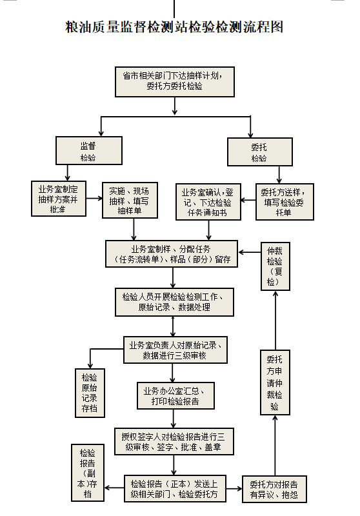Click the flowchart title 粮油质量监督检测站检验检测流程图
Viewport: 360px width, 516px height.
coord(174,27)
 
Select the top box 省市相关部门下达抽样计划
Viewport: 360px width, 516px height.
coord(175,82)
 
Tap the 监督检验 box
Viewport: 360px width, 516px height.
coord(89,151)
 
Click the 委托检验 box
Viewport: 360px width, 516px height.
coord(260,152)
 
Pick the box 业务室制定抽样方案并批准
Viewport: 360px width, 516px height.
coord(59,199)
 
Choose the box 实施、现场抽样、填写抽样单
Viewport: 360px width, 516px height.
coord(130,200)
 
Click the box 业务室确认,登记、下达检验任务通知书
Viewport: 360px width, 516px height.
coord(208,202)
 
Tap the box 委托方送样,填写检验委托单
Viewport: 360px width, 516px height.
coord(285,202)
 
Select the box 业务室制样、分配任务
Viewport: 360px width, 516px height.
coord(172,253)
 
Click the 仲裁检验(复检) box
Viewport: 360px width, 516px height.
coord(275,266)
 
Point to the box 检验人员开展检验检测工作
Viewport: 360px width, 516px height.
coord(174,302)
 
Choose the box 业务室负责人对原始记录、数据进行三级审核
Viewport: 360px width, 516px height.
coord(175,350)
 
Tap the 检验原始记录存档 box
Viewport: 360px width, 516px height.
coord(90,393)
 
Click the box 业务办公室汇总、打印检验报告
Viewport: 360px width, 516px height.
coord(175,395)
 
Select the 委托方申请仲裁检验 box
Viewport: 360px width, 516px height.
coord(275,382)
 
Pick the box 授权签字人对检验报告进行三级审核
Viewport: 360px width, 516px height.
coord(174,441)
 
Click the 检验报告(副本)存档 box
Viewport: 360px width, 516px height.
coord(88,473)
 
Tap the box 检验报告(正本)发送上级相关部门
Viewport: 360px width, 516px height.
coord(175,488)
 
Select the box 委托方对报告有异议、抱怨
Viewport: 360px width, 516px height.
coord(274,489)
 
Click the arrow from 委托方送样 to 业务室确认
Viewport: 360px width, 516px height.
coord(248,200)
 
